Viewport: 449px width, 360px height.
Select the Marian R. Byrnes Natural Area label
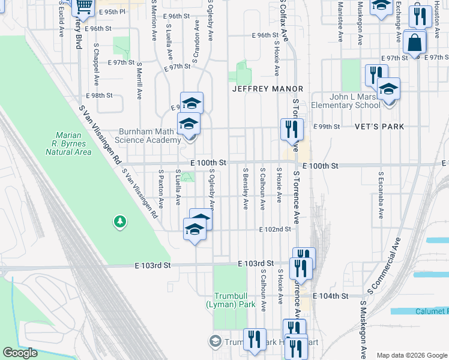coord(68,143)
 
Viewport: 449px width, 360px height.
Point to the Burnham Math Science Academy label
coord(141,135)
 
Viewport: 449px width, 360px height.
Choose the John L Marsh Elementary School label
coord(354,101)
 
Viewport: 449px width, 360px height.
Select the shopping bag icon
coord(414,42)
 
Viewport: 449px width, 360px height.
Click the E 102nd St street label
coord(275,229)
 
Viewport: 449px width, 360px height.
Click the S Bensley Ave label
coord(246,188)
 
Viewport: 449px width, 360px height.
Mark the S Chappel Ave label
coord(96,64)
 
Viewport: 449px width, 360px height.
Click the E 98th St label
coord(99,96)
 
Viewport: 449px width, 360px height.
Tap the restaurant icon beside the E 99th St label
coord(291,128)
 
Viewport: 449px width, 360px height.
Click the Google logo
coord(20,353)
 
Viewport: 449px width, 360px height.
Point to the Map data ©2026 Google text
coord(412,355)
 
